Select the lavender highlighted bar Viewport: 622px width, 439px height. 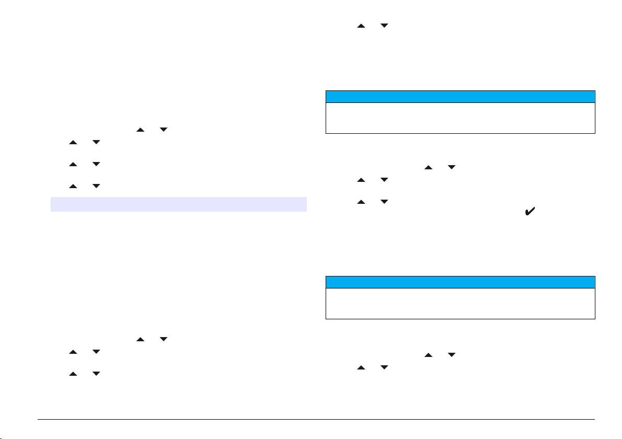178,204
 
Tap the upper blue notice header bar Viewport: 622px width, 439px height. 460,97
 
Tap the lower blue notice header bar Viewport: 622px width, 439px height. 460,282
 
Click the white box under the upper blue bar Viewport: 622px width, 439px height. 460,118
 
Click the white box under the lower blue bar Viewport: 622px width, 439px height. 460,303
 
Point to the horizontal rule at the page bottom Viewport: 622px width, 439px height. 316,419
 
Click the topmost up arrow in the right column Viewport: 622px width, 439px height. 361,25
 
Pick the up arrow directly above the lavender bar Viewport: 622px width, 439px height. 73,186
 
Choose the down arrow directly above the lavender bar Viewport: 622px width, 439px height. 96,186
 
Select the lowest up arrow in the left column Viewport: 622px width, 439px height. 73,374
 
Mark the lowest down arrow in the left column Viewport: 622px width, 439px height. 96,374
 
